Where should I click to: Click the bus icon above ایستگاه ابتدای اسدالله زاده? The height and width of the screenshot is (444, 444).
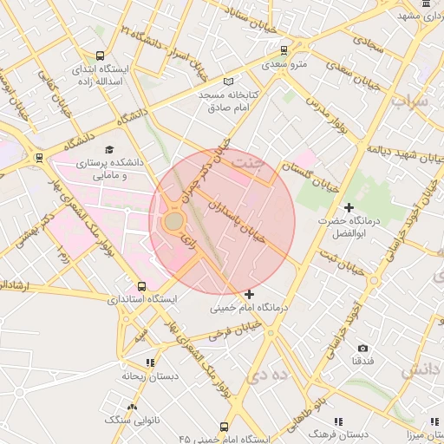pyautogui.click(x=101, y=54)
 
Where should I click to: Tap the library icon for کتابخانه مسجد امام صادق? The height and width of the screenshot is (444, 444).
pyautogui.click(x=229, y=81)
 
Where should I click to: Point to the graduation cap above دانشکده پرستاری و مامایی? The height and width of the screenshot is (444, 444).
pyautogui.click(x=109, y=149)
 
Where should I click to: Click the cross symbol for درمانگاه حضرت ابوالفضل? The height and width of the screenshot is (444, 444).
pyautogui.click(x=349, y=208)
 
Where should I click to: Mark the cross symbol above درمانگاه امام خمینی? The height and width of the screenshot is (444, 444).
pyautogui.click(x=250, y=295)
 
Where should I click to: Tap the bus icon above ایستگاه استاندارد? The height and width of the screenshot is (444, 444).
pyautogui.click(x=142, y=286)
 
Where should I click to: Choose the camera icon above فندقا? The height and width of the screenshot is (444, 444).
pyautogui.click(x=362, y=348)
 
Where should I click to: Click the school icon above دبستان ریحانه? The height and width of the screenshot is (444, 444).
pyautogui.click(x=150, y=363)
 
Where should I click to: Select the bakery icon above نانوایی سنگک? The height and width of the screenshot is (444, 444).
pyautogui.click(x=132, y=407)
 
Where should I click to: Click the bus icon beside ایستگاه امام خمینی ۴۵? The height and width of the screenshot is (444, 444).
pyautogui.click(x=225, y=428)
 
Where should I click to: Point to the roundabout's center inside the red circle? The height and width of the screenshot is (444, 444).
pyautogui.click(x=173, y=222)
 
